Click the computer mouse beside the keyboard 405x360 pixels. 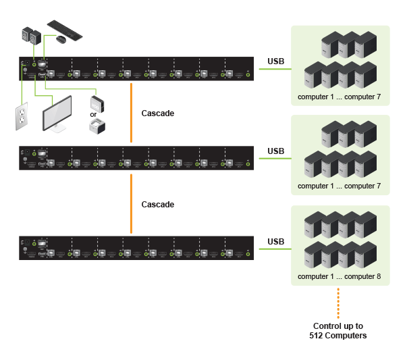point(61,39)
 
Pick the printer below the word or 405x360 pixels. point(98,126)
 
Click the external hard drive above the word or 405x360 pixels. point(97,103)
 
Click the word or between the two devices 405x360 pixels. point(94,114)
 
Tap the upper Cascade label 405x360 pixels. point(158,113)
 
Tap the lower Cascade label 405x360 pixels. point(158,204)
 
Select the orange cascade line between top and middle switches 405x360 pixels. point(131,113)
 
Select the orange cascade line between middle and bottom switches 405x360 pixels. point(131,203)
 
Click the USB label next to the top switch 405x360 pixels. point(275,62)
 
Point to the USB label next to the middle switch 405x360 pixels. point(275,151)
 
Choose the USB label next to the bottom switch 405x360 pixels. point(275,241)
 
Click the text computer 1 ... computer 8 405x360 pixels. point(340,276)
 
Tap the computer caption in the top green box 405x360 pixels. point(340,97)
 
